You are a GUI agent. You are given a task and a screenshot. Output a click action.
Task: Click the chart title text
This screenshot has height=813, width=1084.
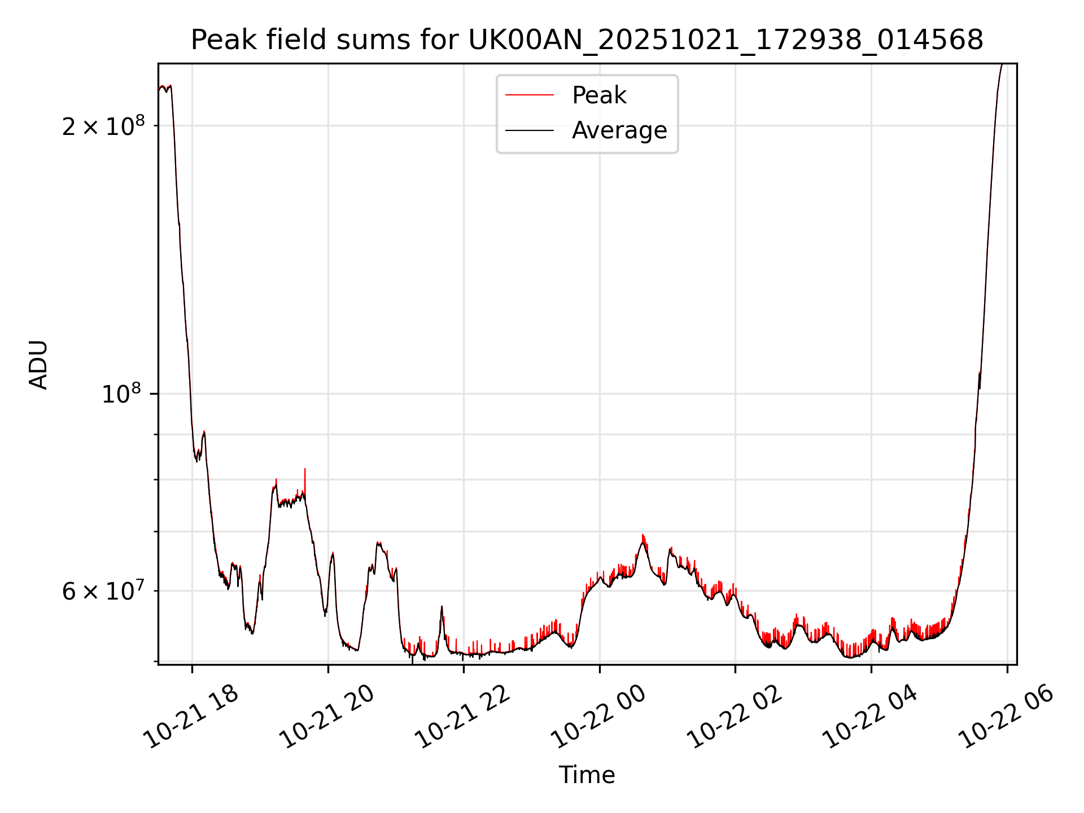(x=587, y=40)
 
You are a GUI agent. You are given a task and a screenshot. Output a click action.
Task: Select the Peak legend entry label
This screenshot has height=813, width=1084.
(x=598, y=95)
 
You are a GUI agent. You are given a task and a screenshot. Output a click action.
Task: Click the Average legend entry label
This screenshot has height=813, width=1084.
(x=619, y=130)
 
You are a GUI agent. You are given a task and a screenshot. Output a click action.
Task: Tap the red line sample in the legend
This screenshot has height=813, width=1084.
(x=529, y=95)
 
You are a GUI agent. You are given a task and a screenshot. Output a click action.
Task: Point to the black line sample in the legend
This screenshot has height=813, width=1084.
(x=529, y=130)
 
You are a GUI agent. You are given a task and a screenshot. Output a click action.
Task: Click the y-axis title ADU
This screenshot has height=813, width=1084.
(x=38, y=364)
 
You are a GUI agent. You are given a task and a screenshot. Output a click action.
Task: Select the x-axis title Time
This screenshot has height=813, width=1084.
(x=587, y=775)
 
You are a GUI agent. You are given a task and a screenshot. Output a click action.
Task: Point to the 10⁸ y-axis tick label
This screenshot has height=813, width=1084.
(x=121, y=393)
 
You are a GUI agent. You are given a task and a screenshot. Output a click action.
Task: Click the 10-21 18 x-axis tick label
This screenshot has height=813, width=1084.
(x=191, y=716)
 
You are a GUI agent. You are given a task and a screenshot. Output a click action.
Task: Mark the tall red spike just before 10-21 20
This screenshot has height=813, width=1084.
(x=305, y=470)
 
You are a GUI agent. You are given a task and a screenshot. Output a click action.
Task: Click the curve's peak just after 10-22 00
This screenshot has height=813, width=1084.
(x=642, y=536)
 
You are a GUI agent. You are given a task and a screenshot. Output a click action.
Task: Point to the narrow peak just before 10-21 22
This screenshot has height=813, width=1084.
(x=442, y=607)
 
